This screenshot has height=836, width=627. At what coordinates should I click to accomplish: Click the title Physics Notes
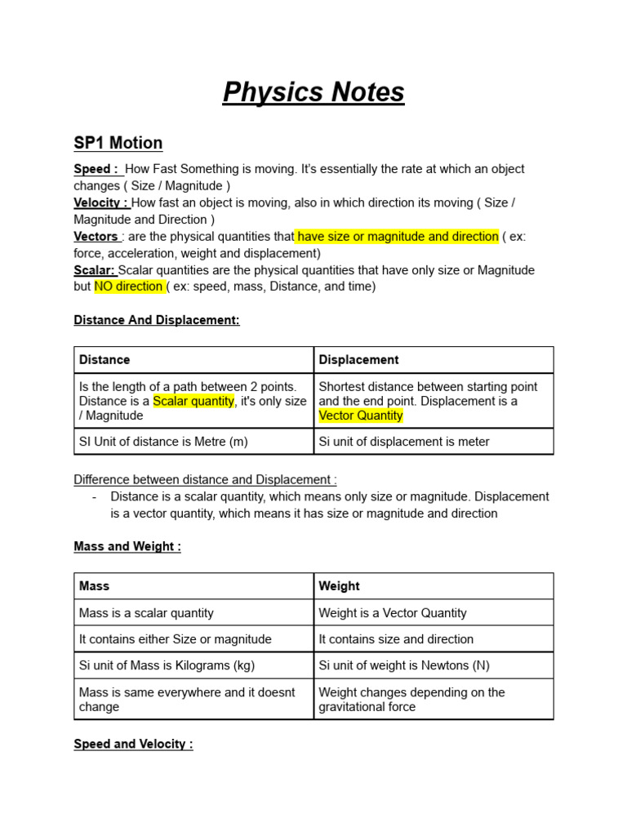pyautogui.click(x=313, y=93)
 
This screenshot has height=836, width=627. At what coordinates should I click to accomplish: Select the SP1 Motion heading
pyautogui.click(x=118, y=143)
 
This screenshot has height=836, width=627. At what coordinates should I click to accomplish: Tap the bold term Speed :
pyautogui.click(x=97, y=169)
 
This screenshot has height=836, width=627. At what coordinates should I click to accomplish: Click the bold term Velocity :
pyautogui.click(x=101, y=202)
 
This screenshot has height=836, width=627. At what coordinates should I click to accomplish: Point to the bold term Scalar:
pyautogui.click(x=95, y=270)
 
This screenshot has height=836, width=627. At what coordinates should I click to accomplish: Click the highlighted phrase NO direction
pyautogui.click(x=129, y=287)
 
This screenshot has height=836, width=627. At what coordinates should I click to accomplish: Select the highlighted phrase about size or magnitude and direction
pyautogui.click(x=398, y=237)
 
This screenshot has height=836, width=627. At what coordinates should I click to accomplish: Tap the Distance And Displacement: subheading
pyautogui.click(x=157, y=321)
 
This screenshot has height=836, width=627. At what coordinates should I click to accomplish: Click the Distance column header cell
pyautogui.click(x=193, y=360)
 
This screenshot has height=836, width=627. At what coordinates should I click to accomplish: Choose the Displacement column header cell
pyautogui.click(x=434, y=360)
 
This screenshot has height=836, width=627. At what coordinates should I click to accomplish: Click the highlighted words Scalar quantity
pyautogui.click(x=193, y=401)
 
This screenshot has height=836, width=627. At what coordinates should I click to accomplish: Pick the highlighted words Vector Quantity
pyautogui.click(x=361, y=416)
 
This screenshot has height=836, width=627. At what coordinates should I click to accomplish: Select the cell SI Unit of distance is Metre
pyautogui.click(x=193, y=442)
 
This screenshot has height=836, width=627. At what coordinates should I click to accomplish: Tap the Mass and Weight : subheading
pyautogui.click(x=127, y=547)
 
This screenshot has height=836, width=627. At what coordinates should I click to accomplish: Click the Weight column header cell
pyautogui.click(x=434, y=586)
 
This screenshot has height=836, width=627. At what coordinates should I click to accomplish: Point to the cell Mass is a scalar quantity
pyautogui.click(x=193, y=613)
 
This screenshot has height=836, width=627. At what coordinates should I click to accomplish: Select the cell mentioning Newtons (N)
pyautogui.click(x=434, y=665)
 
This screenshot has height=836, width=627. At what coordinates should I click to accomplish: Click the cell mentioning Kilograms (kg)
pyautogui.click(x=193, y=665)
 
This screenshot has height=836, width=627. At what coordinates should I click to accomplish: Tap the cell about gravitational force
pyautogui.click(x=434, y=700)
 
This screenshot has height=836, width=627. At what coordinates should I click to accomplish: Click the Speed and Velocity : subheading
pyautogui.click(x=133, y=745)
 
